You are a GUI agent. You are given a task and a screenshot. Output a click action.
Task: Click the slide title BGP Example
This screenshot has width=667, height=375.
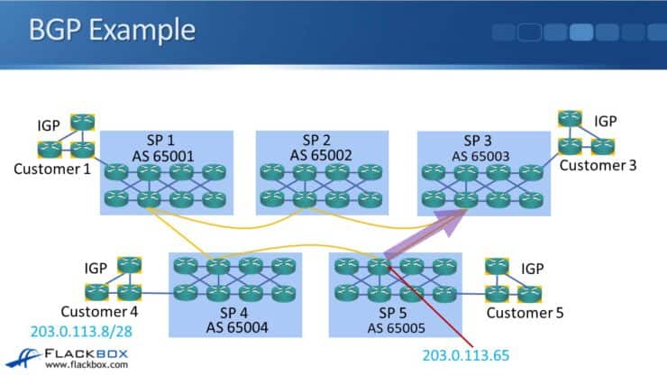pos(112,30)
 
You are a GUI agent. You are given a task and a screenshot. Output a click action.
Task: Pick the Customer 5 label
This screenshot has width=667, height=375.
pos(525,313)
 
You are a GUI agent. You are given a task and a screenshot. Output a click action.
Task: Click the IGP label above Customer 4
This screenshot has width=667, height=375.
pos(96,268)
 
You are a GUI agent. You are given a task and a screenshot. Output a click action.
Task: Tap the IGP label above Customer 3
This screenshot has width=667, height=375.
pos(607,121)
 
